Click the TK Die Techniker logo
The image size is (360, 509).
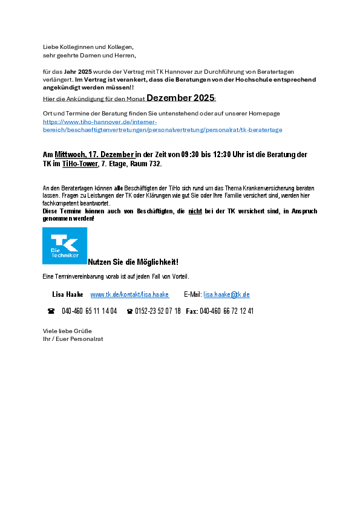point(65,245)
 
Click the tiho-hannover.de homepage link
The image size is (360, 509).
point(162,126)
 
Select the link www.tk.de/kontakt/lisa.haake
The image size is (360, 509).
point(129,294)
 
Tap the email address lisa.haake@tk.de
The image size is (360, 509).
point(226,294)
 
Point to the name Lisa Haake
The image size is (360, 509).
point(68,294)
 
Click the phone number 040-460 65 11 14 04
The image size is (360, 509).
point(90,311)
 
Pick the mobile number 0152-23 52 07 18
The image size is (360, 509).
point(158,311)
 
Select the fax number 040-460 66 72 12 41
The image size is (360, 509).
point(226,311)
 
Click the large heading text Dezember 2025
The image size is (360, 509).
point(180,98)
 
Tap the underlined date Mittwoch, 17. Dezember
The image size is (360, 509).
point(94,155)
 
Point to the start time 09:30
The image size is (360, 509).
point(189,155)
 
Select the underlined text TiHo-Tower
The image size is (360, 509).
point(80,164)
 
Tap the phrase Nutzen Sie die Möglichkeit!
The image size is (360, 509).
point(133,262)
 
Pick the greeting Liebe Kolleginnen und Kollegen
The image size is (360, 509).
point(88,47)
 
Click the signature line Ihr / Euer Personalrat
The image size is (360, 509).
point(73,339)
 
